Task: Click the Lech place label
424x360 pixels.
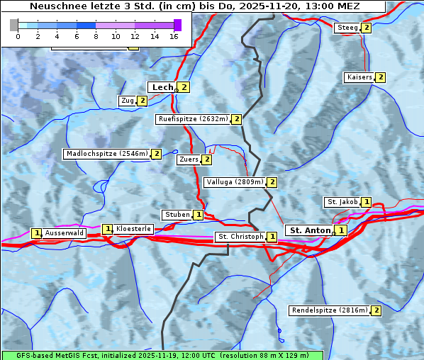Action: point(162,87)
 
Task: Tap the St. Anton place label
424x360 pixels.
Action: point(310,230)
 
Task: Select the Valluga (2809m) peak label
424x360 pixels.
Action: point(235,182)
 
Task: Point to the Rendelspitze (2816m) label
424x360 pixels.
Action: point(330,310)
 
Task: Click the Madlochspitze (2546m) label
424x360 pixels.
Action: point(106,154)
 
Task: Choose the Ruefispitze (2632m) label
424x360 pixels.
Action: point(193,119)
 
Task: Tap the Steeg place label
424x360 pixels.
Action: point(347,28)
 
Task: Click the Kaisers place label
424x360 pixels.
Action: point(359,77)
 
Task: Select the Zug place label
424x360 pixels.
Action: point(128,101)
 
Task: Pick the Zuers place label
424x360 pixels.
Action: point(189,159)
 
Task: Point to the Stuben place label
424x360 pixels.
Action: point(177,215)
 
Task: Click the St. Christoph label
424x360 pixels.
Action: point(240,237)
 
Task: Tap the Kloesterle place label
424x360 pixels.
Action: point(133,229)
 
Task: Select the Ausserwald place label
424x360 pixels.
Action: point(64,232)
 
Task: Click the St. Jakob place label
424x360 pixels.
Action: point(342,202)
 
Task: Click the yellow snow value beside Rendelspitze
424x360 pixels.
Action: point(376,310)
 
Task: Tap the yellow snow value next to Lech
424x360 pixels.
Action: point(184,87)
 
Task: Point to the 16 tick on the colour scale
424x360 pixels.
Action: point(174,35)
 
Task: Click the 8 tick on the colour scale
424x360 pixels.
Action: point(96,35)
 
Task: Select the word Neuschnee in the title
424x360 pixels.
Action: point(54,6)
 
